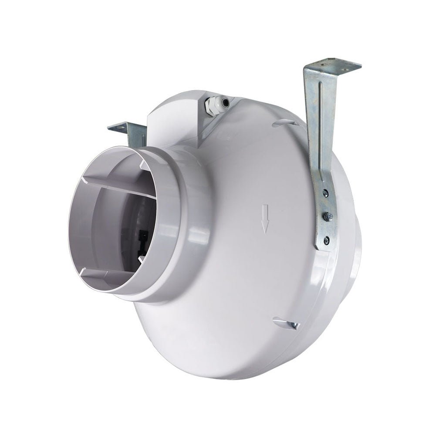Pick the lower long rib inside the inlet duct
(118, 275)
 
